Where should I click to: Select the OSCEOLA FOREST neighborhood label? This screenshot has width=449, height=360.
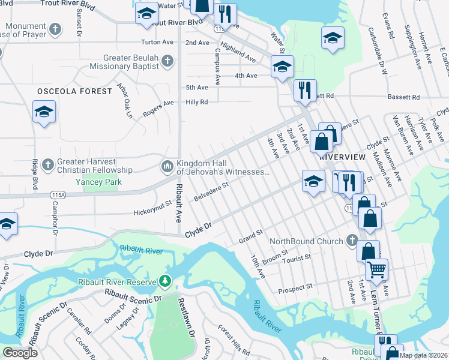74,91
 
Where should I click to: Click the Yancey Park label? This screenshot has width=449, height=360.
98,182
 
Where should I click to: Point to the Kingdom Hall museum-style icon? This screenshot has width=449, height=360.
167,165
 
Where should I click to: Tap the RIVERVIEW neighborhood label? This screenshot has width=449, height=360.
343,156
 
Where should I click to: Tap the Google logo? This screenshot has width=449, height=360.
20,353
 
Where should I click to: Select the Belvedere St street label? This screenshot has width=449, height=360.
212,193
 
